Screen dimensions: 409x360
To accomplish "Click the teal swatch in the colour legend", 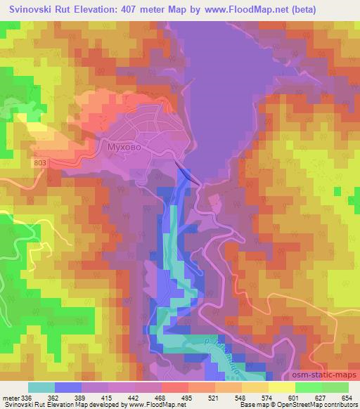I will pyautogui.click(x=41, y=388).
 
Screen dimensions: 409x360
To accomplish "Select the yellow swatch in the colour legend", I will pyautogui.click(x=281, y=388).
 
